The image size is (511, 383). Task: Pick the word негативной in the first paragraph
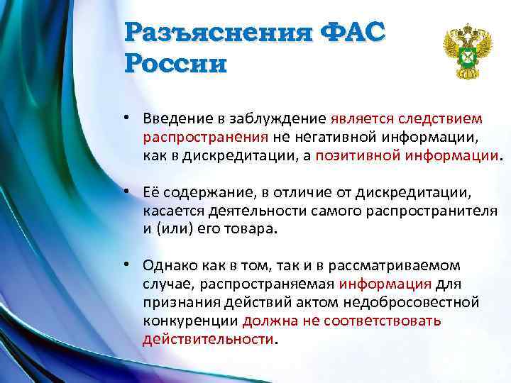(x=329, y=136)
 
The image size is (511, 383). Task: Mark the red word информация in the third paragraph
(x=385, y=284)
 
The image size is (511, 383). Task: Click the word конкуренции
(x=189, y=321)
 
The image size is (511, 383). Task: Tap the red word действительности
(x=207, y=339)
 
